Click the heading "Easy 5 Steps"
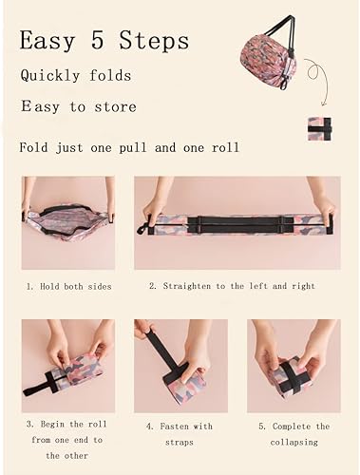point(104,41)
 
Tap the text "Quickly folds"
point(76,76)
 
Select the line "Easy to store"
point(80,107)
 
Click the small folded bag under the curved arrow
point(319,128)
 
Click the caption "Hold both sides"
point(69,286)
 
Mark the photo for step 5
point(293,366)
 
